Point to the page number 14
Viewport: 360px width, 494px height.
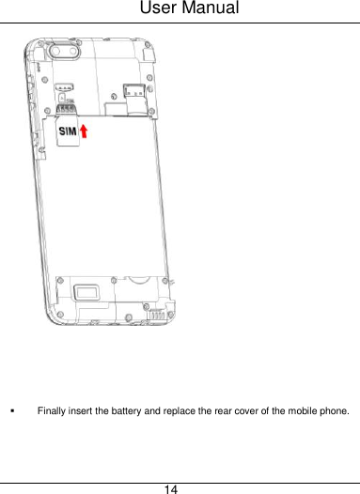pos(171,488)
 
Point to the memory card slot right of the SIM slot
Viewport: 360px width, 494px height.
pos(132,92)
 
